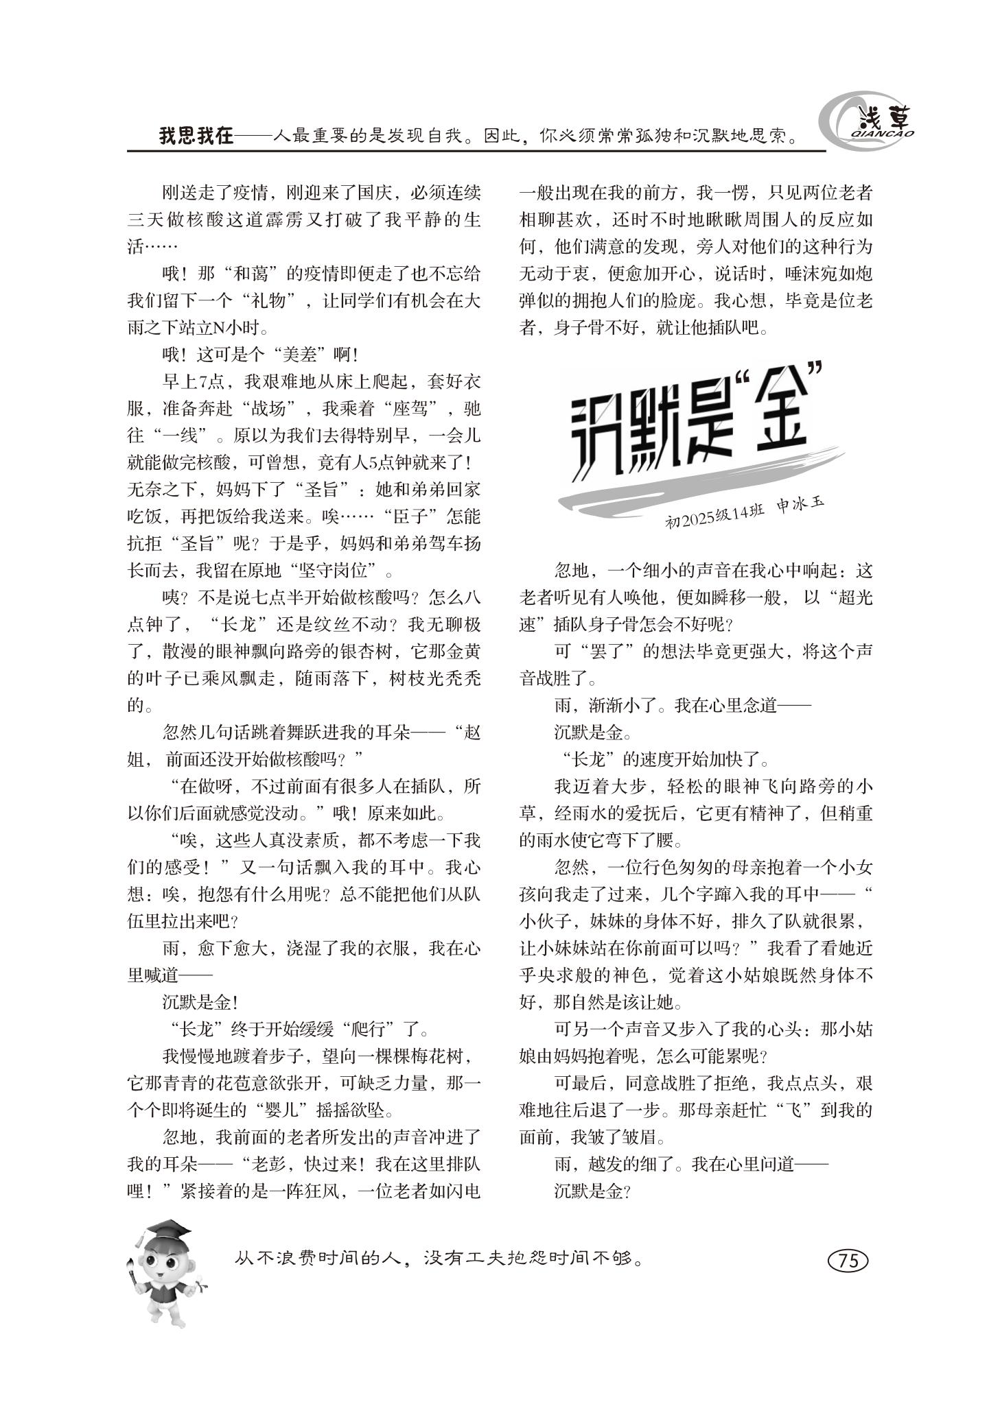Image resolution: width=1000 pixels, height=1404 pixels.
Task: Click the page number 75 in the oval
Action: click(848, 1260)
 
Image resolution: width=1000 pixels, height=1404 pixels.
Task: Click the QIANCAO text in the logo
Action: click(886, 134)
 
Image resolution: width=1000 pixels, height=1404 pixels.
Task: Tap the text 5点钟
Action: click(389, 463)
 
